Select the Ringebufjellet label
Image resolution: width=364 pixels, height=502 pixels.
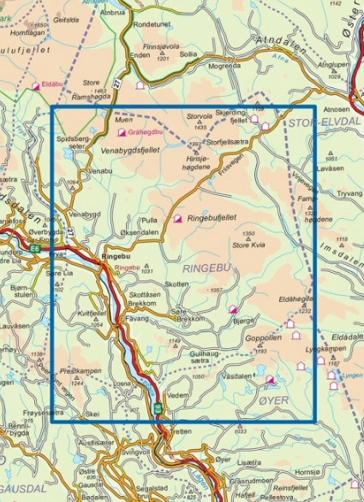pos(212,219)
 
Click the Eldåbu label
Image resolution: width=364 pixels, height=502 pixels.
pos(53,85)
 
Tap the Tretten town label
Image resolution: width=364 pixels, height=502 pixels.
pos(181,431)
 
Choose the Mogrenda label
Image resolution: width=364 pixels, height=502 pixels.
pos(224,65)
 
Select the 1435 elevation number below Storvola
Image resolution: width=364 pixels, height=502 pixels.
pos(201,126)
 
